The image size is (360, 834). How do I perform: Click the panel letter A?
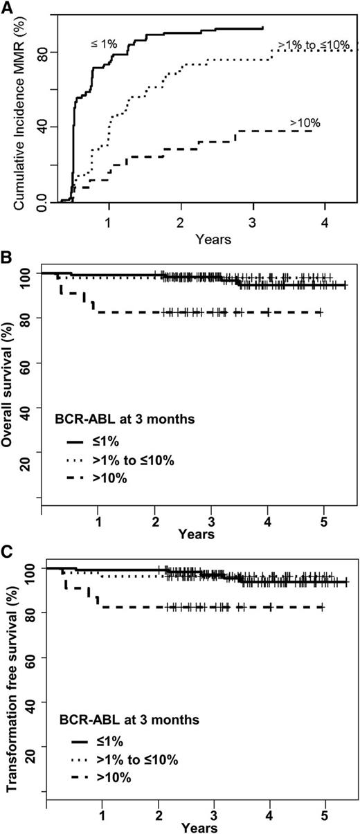(x=8, y=7)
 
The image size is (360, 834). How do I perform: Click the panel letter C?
(x=8, y=554)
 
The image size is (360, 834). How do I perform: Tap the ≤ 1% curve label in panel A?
(x=105, y=44)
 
